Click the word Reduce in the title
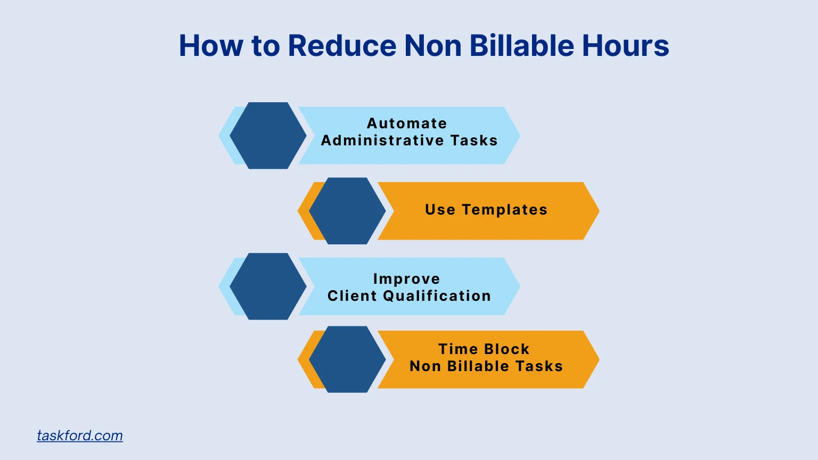click(x=342, y=46)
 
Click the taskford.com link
click(x=80, y=436)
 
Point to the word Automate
click(x=407, y=124)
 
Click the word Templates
click(x=504, y=210)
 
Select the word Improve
click(x=406, y=279)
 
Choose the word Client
click(x=351, y=296)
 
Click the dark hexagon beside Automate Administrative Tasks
click(x=268, y=136)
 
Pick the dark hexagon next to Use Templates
click(x=347, y=211)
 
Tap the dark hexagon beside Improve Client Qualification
click(x=268, y=286)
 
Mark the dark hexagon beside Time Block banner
click(x=347, y=359)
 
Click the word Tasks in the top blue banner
click(x=474, y=141)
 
